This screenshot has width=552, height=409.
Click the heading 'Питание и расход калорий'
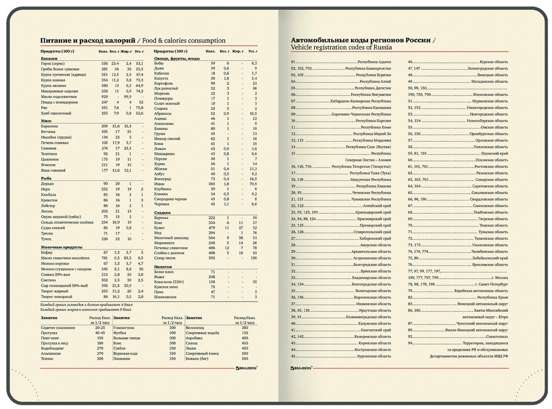pyautogui.click(x=88, y=41)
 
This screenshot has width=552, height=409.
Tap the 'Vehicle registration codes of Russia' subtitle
pyautogui.click(x=341, y=48)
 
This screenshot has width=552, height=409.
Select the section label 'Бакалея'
pyautogui.click(x=49, y=59)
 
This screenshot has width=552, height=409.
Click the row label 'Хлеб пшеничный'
pyautogui.click(x=56, y=113)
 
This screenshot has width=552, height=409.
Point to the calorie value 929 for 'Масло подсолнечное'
pyautogui.click(x=104, y=97)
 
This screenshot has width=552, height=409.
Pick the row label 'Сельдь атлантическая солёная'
pyautogui.click(x=67, y=222)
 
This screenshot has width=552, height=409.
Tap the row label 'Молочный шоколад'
pyautogui.click(x=171, y=238)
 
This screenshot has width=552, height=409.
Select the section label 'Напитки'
pyautogui.click(x=163, y=267)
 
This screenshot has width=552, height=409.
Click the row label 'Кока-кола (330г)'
pyautogui.click(x=169, y=282)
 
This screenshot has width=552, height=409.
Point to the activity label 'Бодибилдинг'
pyautogui.click(x=52, y=348)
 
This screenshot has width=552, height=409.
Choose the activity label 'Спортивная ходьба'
pyautogui.click(x=202, y=333)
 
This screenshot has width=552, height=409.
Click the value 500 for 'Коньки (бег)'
pyautogui.click(x=244, y=358)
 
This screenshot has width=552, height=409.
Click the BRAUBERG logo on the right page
pyautogui.click(x=301, y=368)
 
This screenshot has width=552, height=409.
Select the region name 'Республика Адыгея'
pyautogui.click(x=374, y=62)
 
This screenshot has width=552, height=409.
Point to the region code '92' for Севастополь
pyautogui.click(x=410, y=337)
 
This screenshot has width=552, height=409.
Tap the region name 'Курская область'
pyautogui.click(x=493, y=62)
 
